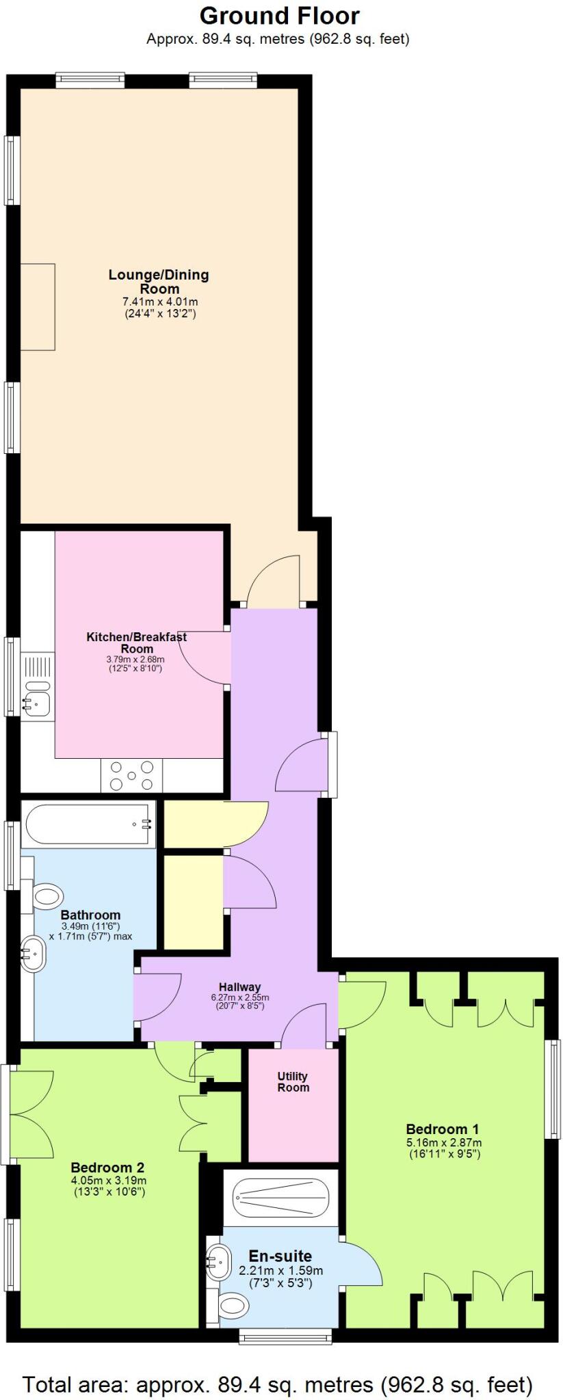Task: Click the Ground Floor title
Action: tap(279, 16)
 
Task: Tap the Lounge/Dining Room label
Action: tap(159, 282)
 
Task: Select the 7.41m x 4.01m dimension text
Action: tap(160, 301)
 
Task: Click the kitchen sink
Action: tap(34, 701)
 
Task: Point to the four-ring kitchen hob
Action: tap(132, 776)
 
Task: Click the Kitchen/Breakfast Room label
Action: tap(136, 643)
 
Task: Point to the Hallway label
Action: tap(239, 987)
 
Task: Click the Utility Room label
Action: tap(293, 1082)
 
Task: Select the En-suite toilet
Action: tap(232, 1306)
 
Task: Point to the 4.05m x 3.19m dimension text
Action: tap(109, 1181)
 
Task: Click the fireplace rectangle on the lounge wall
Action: tap(38, 307)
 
